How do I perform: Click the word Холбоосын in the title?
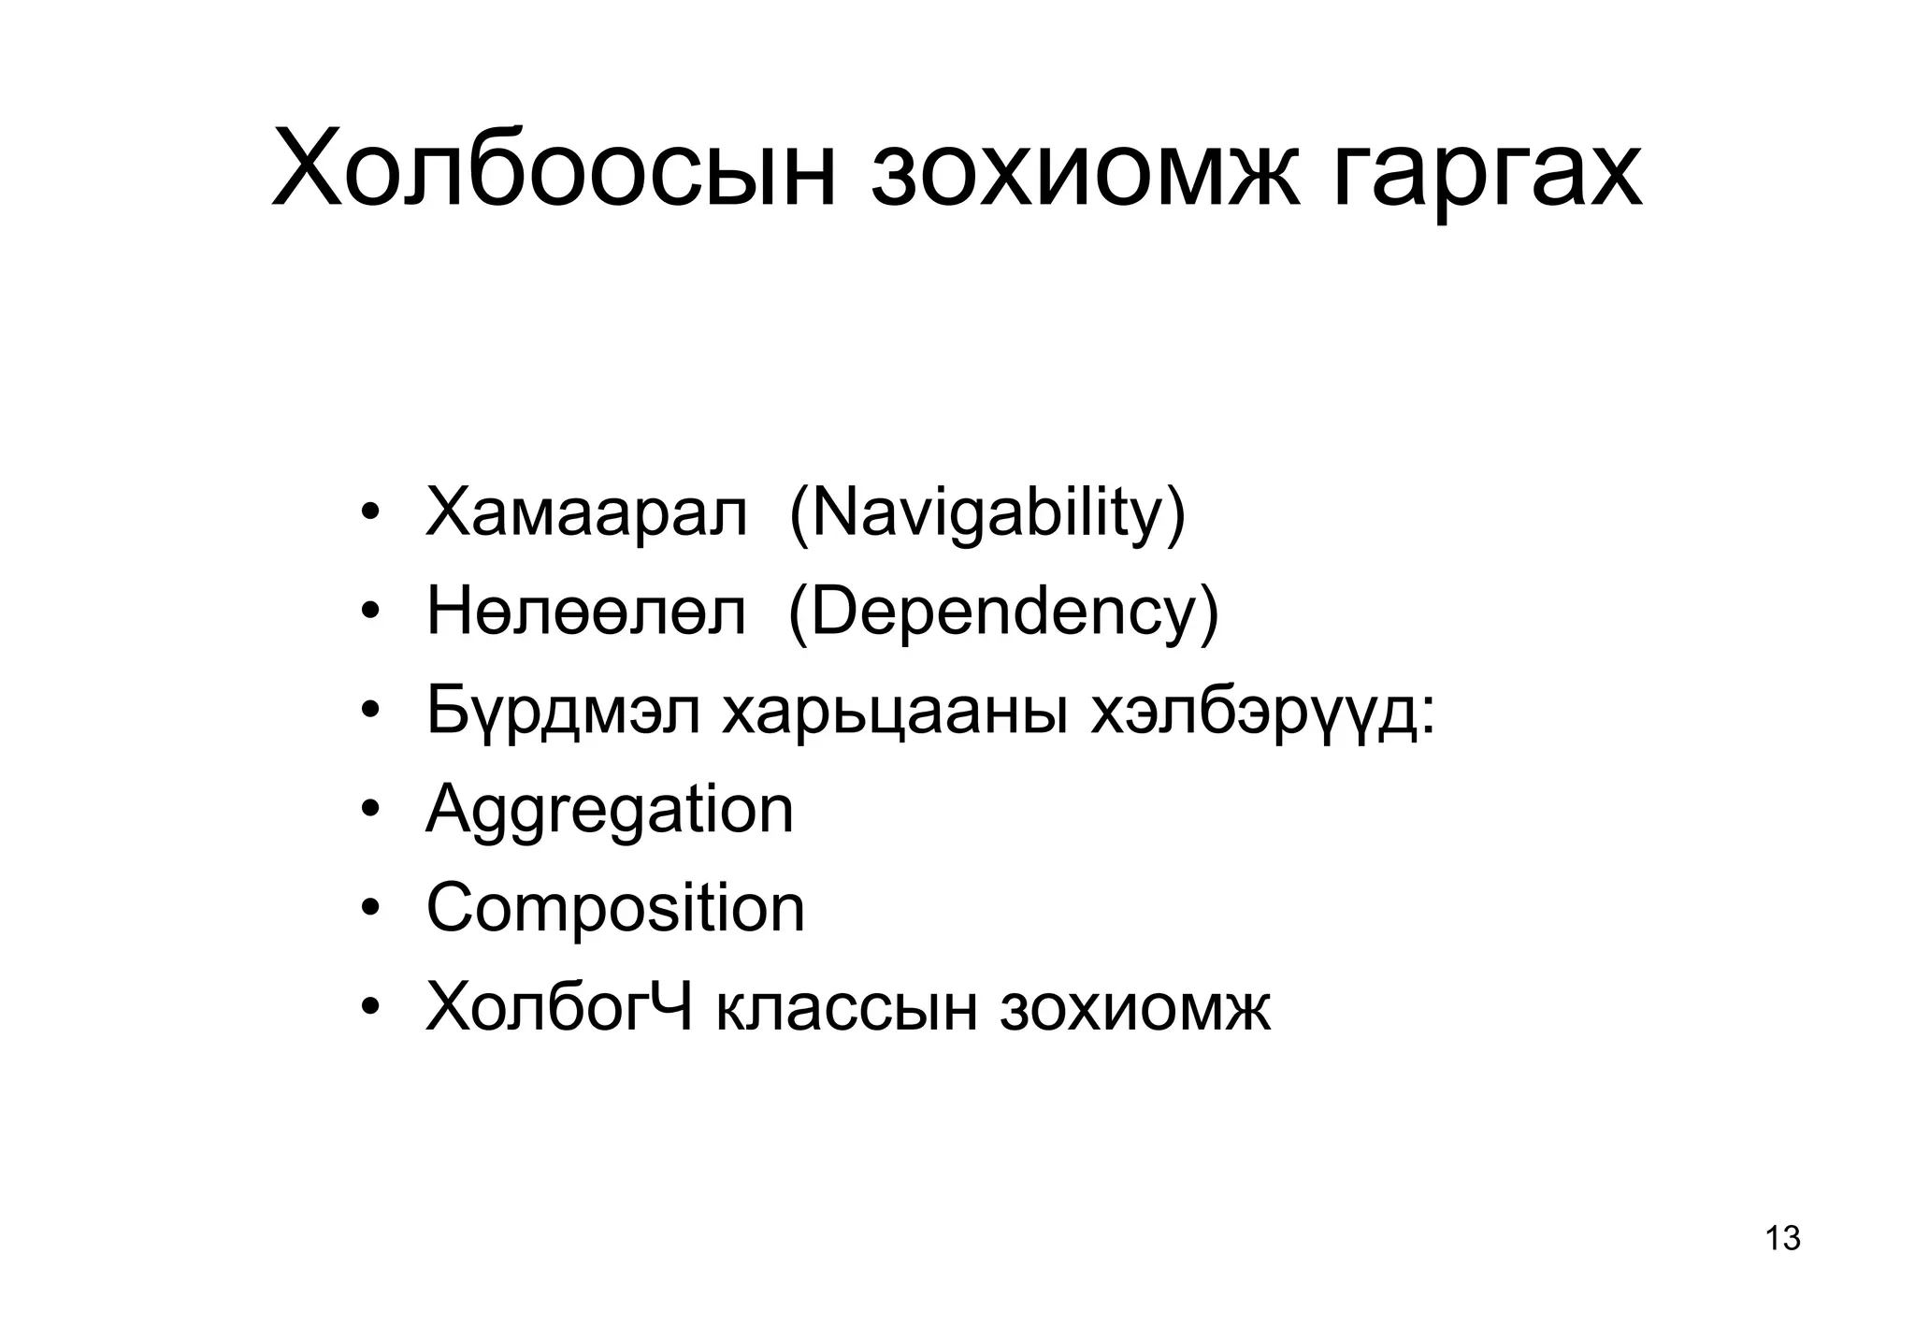(553, 172)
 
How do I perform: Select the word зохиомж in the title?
(1085, 172)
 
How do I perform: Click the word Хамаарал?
(586, 513)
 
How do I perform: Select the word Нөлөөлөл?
(586, 613)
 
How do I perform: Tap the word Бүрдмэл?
(562, 712)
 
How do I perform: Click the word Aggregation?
(610, 812)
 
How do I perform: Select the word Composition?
(615, 909)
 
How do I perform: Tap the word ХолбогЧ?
(559, 1007)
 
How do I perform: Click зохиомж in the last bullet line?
(1135, 1008)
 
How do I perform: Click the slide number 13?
(1782, 1238)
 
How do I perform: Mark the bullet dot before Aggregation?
(370, 809)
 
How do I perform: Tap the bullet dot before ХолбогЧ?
(370, 1006)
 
